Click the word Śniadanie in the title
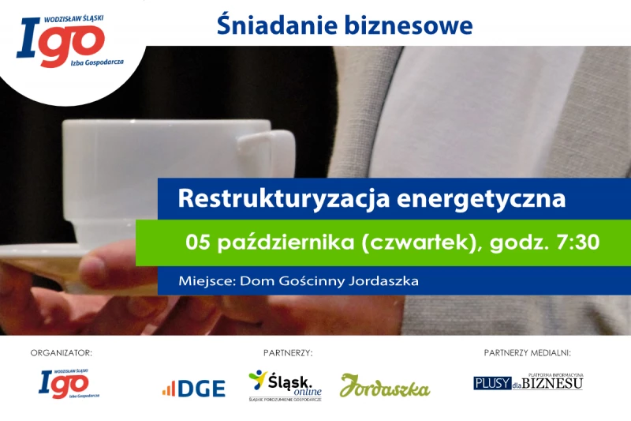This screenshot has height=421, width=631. [x=277, y=25]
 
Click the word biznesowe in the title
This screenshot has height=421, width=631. [x=409, y=25]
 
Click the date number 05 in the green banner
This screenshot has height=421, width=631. [x=198, y=242]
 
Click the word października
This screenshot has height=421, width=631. [x=286, y=243]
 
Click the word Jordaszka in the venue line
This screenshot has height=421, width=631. [x=383, y=281]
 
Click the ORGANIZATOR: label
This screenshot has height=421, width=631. [x=62, y=353]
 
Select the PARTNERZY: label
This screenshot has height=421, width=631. [x=288, y=353]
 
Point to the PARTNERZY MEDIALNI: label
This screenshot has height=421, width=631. [x=527, y=353]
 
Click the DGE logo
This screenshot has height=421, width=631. [x=194, y=389]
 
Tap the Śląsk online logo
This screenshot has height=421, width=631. [x=285, y=385]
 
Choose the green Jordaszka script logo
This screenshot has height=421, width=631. [x=385, y=386]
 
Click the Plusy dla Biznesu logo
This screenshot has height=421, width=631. [x=528, y=382]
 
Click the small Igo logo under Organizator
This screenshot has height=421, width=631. [x=69, y=384]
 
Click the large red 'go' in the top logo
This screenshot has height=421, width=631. [x=72, y=45]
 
